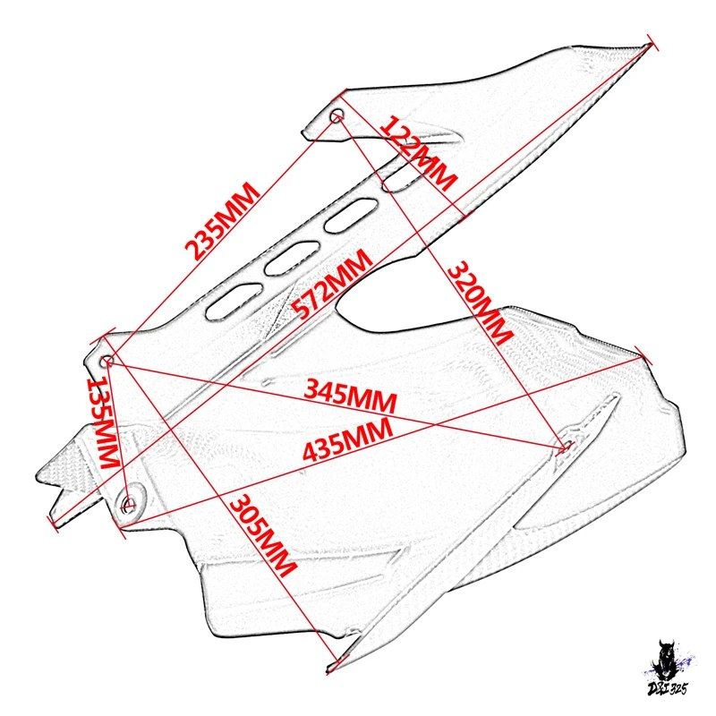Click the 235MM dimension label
click(x=222, y=220)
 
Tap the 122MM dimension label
click(x=417, y=153)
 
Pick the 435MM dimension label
click(x=347, y=439)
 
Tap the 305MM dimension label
click(x=262, y=535)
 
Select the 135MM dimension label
click(x=103, y=422)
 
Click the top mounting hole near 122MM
click(x=337, y=115)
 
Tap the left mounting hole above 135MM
click(x=107, y=362)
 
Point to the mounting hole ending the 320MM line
click(x=567, y=445)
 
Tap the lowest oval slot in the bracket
click(x=234, y=302)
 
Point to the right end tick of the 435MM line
click(x=639, y=357)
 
